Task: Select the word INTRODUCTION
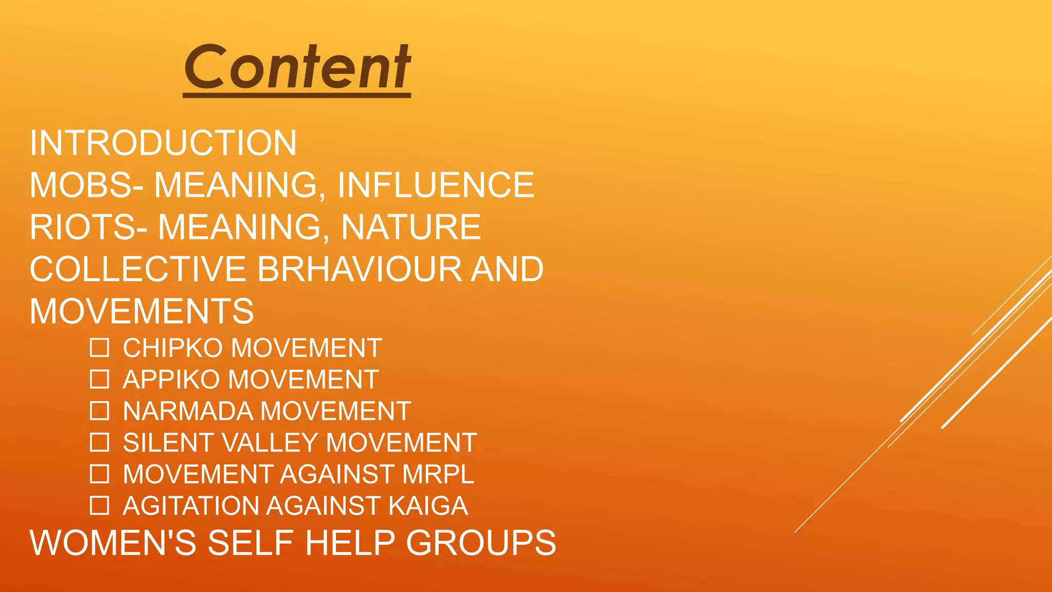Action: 163,143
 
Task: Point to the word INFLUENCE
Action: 436,185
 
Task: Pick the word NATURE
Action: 411,227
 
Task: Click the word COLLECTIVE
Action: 138,269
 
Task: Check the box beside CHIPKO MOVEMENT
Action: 99,348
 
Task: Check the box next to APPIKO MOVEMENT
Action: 99,379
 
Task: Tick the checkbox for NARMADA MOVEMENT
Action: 99,411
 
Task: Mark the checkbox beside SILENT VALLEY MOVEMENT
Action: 99,442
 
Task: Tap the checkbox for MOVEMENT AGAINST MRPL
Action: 99,474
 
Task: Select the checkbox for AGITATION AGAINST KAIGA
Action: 99,506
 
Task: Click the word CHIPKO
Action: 173,348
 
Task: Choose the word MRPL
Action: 438,474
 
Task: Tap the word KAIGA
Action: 428,506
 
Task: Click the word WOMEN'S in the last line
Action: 113,543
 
